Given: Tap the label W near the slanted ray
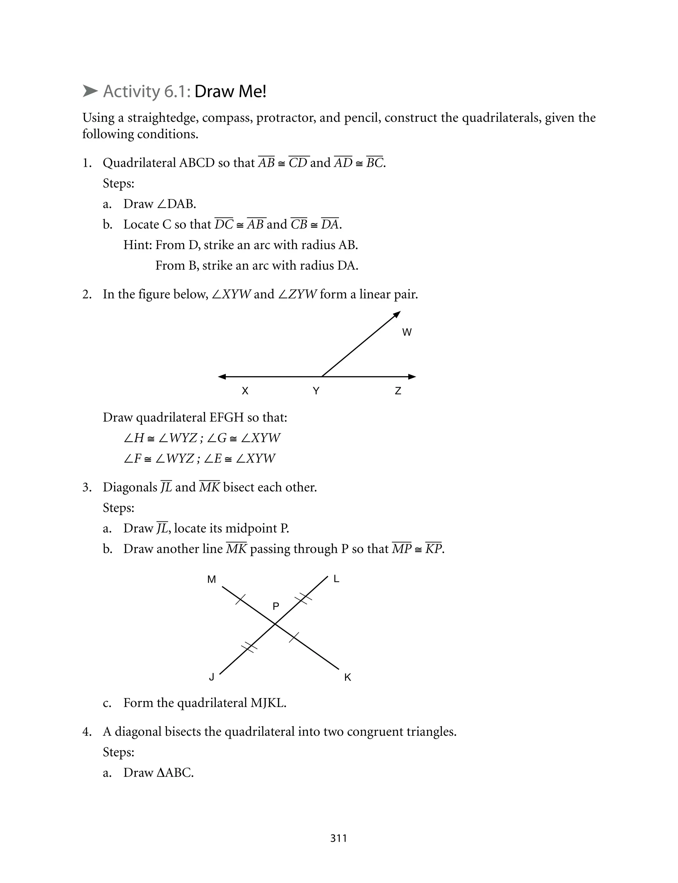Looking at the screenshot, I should (x=407, y=332).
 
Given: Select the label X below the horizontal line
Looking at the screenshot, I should (x=245, y=391).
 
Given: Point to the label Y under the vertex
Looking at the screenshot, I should (x=316, y=391).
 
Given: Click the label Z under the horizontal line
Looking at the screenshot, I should (x=398, y=391).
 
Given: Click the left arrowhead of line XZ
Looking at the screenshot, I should (x=221, y=376).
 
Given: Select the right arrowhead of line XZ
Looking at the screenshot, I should (x=412, y=376).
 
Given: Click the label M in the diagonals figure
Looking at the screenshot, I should (x=212, y=579).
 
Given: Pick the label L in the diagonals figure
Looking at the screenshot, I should (x=337, y=579).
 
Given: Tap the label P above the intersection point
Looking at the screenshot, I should (x=276, y=606).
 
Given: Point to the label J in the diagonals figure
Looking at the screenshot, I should (x=212, y=677).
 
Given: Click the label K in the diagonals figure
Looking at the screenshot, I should (x=348, y=677).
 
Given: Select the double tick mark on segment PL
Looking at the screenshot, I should (x=304, y=599).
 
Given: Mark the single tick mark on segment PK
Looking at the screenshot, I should (x=294, y=638).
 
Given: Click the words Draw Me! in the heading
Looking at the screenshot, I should (x=230, y=92).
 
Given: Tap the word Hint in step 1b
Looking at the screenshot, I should (x=137, y=245).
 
